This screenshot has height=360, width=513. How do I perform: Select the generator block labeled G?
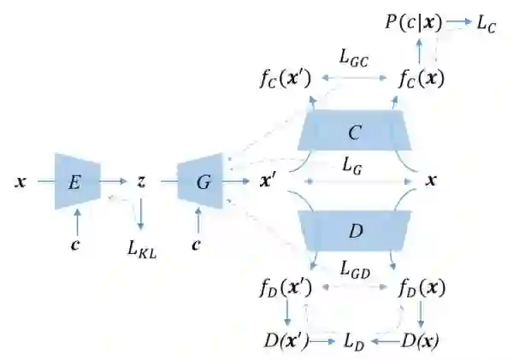pos(201,181)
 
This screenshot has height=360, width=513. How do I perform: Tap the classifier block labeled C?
pos(354,133)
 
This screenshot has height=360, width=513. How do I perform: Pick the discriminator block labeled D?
pos(354,231)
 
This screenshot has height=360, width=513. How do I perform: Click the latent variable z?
pos(141,181)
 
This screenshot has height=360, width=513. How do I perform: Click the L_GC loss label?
pos(353,59)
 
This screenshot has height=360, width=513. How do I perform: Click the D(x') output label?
pos(285,341)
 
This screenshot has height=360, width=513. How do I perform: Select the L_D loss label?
pos(354,341)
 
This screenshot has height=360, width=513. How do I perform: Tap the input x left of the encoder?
pos(21,182)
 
